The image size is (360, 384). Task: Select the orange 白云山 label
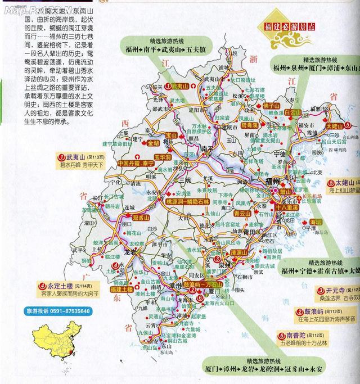coord(292,112)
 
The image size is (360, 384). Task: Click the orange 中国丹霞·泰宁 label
coord(135,163)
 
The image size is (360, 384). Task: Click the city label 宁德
coord(279,152)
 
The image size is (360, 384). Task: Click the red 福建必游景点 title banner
coord(292,26)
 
